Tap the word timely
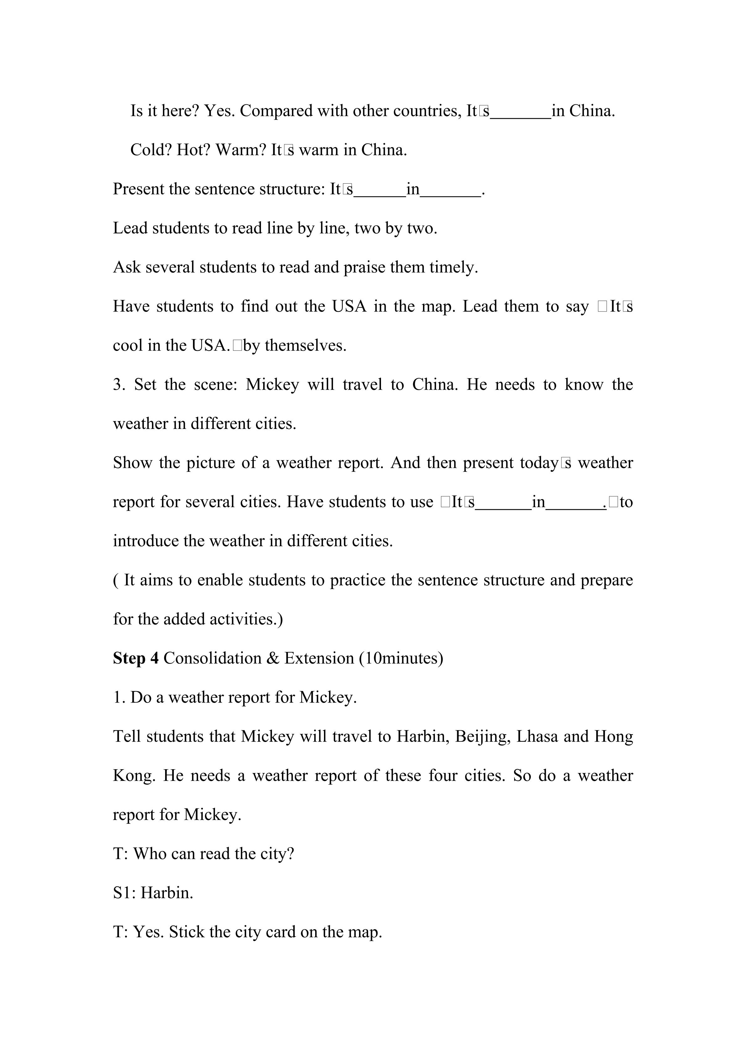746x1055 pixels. coord(453,267)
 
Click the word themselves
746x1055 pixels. coord(305,346)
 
